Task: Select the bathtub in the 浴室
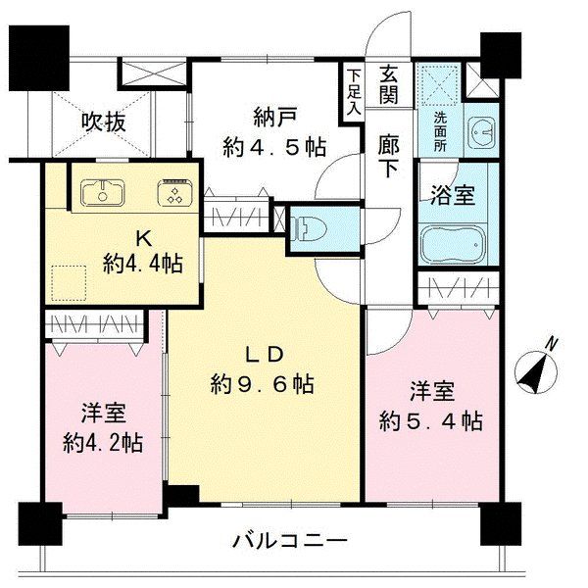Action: pyautogui.click(x=452, y=245)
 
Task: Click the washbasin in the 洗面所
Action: pyautogui.click(x=482, y=130)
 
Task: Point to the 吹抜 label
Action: pyautogui.click(x=103, y=122)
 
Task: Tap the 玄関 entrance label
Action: pyautogui.click(x=388, y=85)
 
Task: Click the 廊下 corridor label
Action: pyautogui.click(x=388, y=155)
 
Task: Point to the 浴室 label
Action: pyautogui.click(x=452, y=193)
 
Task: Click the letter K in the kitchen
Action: pyautogui.click(x=144, y=236)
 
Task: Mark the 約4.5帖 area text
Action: pyautogui.click(x=274, y=147)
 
